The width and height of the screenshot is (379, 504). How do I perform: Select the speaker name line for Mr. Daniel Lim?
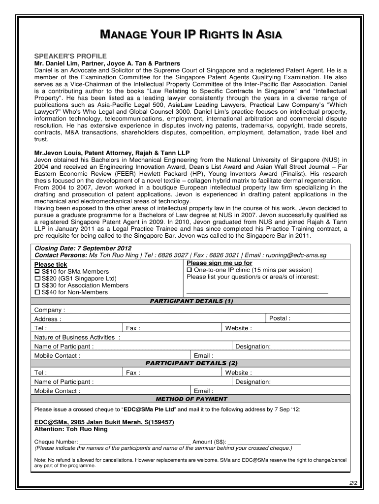click(x=107, y=63)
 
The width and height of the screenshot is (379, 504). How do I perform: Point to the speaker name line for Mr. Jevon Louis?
click(x=112, y=153)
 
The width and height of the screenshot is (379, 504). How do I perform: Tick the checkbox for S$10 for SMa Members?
click(x=37, y=272)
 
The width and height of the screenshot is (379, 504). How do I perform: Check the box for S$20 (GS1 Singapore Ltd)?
click(x=37, y=279)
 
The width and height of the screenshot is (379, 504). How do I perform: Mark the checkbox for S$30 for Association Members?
click(x=37, y=285)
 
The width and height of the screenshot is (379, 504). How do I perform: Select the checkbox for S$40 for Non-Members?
click(x=37, y=292)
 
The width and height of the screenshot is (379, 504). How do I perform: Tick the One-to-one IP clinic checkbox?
click(x=189, y=270)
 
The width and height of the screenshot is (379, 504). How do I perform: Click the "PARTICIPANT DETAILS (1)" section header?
click(x=191, y=301)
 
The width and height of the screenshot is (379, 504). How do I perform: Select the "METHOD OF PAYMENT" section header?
click(x=191, y=399)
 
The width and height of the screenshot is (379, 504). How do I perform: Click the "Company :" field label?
click(x=49, y=310)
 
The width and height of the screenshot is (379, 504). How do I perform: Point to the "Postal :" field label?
click(x=280, y=318)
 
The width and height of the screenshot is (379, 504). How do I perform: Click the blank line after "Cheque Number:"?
click(x=135, y=441)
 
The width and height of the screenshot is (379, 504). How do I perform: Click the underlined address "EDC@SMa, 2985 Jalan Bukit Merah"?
click(x=104, y=422)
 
